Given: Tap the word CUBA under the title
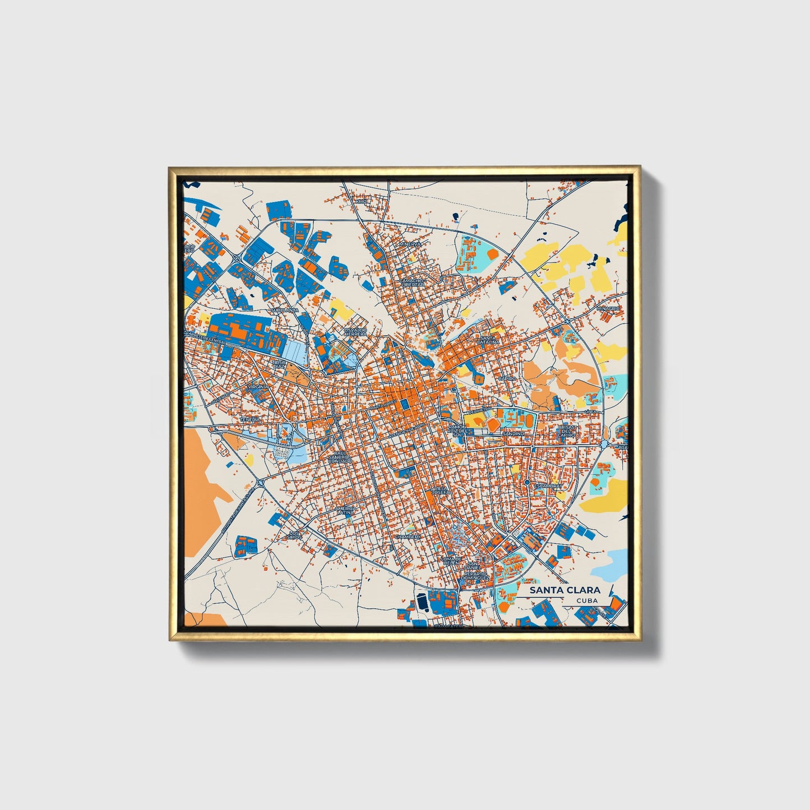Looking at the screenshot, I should pyautogui.click(x=586, y=600).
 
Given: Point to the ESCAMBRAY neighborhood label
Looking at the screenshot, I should pyautogui.click(x=548, y=485).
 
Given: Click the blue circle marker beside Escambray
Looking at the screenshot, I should pyautogui.click(x=527, y=482).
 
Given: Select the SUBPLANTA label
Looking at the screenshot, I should pyautogui.click(x=284, y=309).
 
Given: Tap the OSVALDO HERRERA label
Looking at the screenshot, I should pyautogui.click(x=356, y=332).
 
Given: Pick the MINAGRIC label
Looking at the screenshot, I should pyautogui.click(x=608, y=308).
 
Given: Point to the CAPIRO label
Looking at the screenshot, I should pyautogui.click(x=506, y=379).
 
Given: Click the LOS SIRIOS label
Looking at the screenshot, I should pyautogui.click(x=294, y=535).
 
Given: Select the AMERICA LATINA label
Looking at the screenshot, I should pyautogui.click(x=345, y=510).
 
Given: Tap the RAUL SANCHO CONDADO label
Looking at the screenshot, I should pyautogui.click(x=340, y=457).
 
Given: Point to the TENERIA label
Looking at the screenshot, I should pyautogui.click(x=250, y=419).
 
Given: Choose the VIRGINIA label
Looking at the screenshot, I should pyautogui.click(x=260, y=387).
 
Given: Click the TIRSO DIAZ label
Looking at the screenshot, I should pyautogui.click(x=279, y=364).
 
